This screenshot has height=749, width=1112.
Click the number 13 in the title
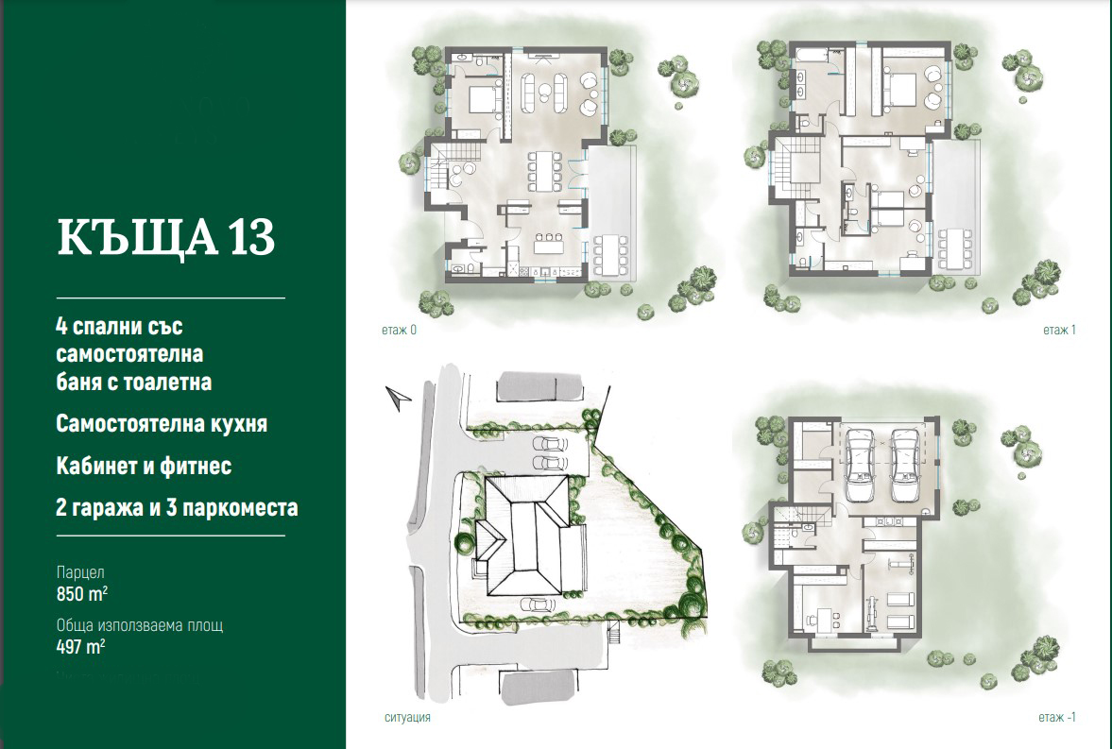(x=250, y=237)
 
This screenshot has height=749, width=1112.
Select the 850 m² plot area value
(x=81, y=594)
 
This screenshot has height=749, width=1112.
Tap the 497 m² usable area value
(x=81, y=647)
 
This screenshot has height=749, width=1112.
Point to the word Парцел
(x=80, y=572)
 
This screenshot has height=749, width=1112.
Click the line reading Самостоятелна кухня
(x=162, y=424)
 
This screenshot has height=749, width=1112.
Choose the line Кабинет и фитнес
(x=144, y=466)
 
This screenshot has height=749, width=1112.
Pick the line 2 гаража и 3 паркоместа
(x=178, y=508)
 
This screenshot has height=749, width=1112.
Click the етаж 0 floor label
(x=399, y=330)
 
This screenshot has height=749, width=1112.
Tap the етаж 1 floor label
(x=1059, y=330)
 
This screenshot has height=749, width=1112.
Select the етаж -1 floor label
(x=1056, y=717)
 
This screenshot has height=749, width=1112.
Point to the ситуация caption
(x=407, y=717)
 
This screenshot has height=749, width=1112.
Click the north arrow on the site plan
(x=398, y=399)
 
